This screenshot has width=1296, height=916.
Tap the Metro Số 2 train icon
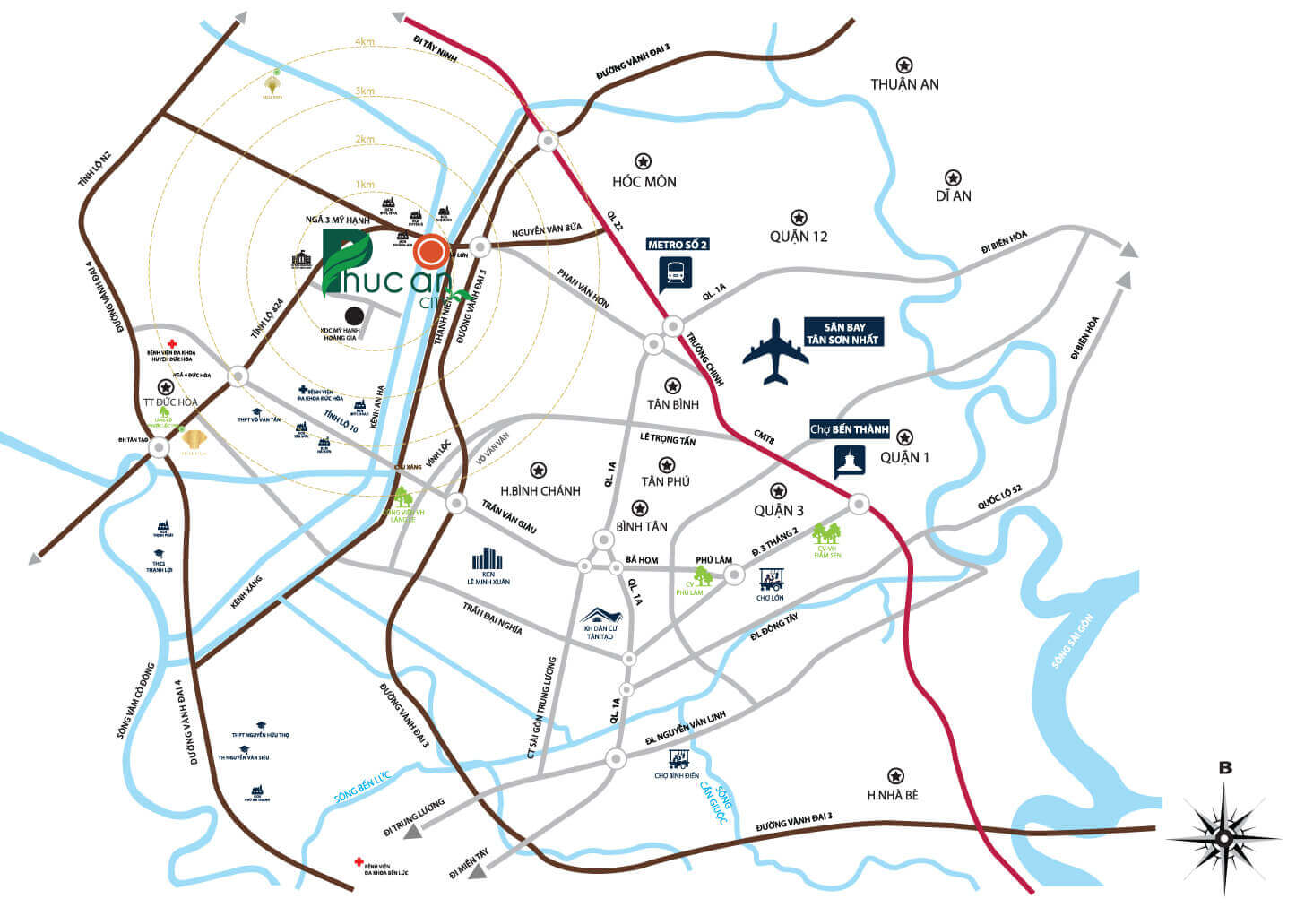[676, 272]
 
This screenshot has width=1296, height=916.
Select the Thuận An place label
[904, 84]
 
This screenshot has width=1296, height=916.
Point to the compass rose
[1223, 837]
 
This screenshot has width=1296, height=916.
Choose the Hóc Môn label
[644, 182]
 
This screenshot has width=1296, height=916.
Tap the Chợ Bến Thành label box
[849, 429]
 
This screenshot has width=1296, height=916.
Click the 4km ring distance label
[365, 42]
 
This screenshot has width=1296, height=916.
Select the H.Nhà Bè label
[892, 795]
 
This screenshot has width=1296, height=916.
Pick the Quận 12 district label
[798, 237]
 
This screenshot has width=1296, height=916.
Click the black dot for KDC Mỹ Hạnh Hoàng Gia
[355, 315]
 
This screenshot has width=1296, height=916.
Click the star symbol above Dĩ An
[953, 177]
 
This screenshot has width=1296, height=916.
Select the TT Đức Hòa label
[170, 402]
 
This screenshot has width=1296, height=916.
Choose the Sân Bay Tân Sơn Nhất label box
[842, 333]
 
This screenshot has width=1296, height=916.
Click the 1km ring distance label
[365, 185]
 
